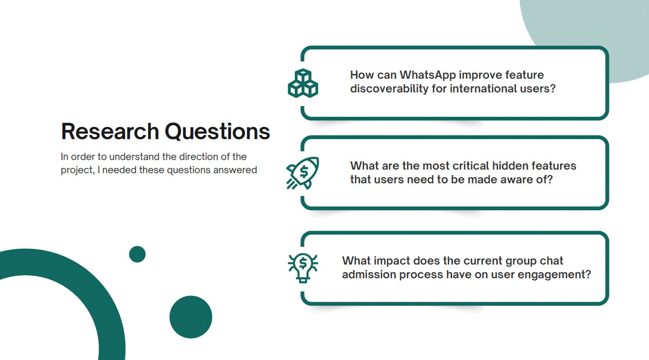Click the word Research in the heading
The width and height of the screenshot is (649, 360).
[110, 132]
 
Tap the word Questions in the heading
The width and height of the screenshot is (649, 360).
[217, 132]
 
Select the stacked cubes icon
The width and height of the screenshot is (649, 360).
[303, 83]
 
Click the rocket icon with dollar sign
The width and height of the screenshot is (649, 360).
[303, 173]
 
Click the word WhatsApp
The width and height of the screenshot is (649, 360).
[428, 75]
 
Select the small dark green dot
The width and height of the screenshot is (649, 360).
[138, 254]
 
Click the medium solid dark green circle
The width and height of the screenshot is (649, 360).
[191, 317]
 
